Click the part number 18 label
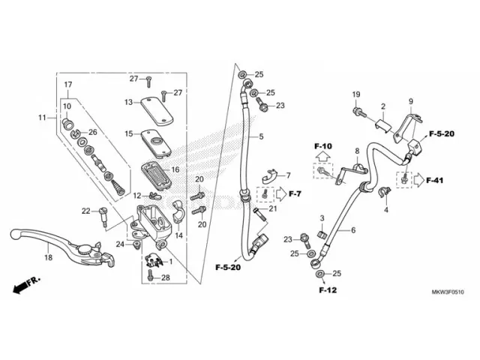pos(47,258)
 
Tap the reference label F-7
pos(295,195)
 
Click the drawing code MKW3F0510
pos(447,292)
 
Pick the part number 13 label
pos(128,102)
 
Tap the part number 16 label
pos(174,169)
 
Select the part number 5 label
pos(262,137)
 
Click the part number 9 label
pos(411,101)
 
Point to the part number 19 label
pos(357,94)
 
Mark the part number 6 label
pos(353,230)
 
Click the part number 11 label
pos(43,117)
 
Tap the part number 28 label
pos(166,277)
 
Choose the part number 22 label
pos(85,210)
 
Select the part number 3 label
pos(322,218)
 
